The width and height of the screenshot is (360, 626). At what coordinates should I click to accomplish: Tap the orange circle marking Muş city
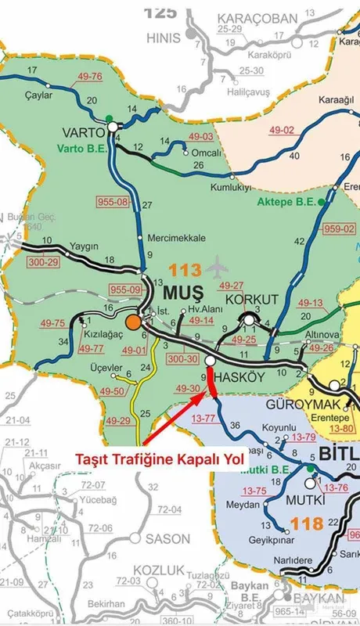coord(134,322)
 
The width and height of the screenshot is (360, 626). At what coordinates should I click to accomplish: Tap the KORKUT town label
coord(252,300)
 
